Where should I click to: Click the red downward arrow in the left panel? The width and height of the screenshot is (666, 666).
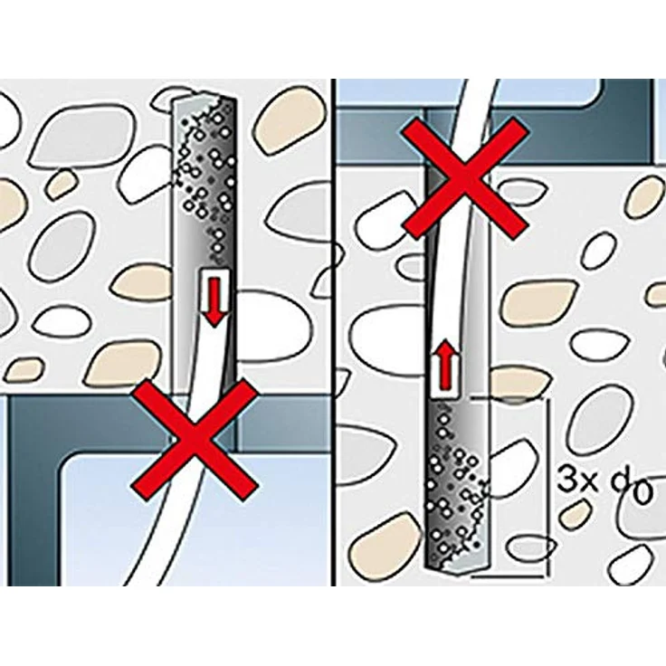click(x=215, y=302)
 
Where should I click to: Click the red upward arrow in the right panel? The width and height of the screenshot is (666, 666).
click(x=444, y=364)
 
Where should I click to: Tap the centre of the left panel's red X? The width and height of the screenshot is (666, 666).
click(x=195, y=440)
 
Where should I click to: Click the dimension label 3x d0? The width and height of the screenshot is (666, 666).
click(x=604, y=485)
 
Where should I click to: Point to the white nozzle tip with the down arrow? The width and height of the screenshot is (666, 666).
click(x=214, y=298)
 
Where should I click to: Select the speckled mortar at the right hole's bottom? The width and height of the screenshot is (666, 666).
click(x=457, y=484)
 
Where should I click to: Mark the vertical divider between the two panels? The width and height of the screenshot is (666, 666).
click(x=333, y=332)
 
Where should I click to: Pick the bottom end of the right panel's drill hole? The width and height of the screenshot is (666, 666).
click(x=458, y=568)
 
